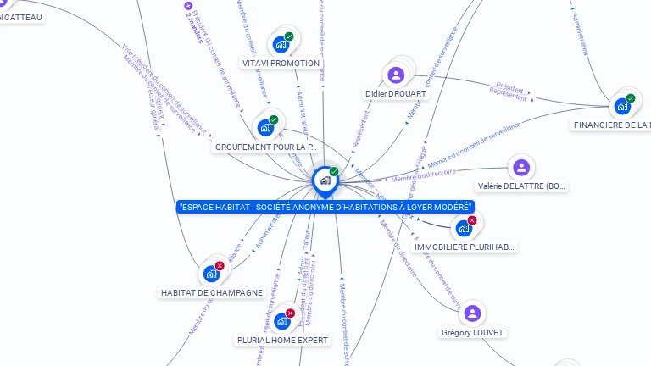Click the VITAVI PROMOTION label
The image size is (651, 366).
tap(281, 64)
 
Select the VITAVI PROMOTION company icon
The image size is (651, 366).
tap(281, 44)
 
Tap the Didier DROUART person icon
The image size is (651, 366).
tap(396, 75)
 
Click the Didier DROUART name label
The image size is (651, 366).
tap(397, 94)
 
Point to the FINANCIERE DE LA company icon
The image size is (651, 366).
tap(623, 106)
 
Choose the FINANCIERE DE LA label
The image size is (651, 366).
tap(611, 125)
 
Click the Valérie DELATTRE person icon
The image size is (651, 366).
tap(520, 167)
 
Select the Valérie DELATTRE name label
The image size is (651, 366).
tap(520, 186)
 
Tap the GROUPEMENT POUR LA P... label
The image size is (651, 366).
tap(265, 147)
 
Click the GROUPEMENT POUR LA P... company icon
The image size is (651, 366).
tap(266, 128)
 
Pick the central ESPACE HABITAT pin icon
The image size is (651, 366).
tap(325, 180)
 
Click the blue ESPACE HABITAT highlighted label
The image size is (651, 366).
tap(325, 207)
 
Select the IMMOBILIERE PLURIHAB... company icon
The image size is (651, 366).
tap(464, 228)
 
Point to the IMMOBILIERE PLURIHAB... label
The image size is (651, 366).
tap(465, 247)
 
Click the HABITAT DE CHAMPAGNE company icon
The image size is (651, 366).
tap(211, 274)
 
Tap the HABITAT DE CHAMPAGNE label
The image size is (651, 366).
tap(212, 293)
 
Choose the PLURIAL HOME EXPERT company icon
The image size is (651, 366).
tap(281, 321)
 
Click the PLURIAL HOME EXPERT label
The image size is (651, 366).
tap(282, 341)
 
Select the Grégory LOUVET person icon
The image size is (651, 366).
tap(472, 313)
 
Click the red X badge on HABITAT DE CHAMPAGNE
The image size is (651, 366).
tap(220, 266)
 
